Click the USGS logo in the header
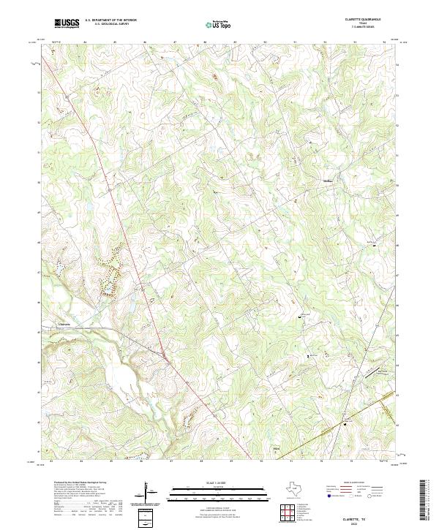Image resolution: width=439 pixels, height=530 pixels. click(x=67, y=23)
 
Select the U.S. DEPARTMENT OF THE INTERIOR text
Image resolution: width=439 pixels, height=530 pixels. click(x=110, y=20)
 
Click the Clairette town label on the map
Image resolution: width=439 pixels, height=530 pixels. click(x=64, y=323)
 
